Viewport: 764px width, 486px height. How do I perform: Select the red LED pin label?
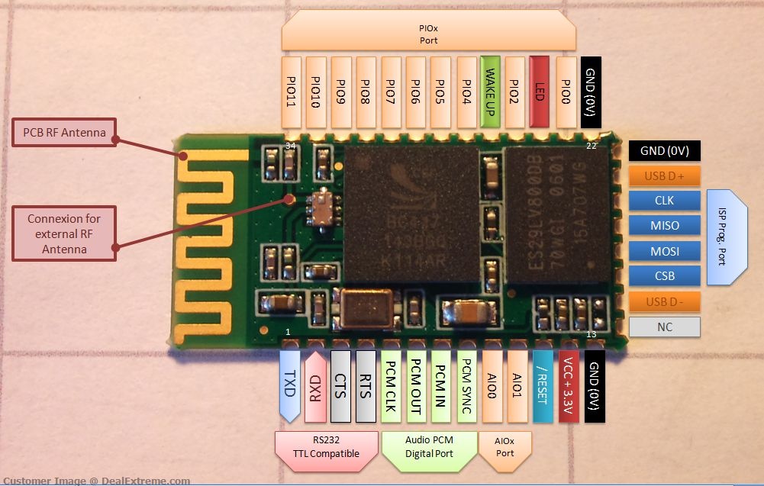[540, 92]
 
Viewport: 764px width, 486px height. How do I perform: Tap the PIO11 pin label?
[291, 92]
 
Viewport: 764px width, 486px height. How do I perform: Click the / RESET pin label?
[542, 386]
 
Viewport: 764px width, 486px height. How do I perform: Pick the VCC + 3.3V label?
[567, 386]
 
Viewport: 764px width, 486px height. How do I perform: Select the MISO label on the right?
[664, 226]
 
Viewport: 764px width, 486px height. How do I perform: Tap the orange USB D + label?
[664, 176]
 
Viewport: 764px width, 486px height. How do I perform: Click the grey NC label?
[664, 327]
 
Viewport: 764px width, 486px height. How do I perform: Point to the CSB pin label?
[664, 276]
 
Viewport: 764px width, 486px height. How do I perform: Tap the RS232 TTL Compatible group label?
[327, 446]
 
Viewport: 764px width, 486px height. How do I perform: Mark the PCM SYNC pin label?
[466, 386]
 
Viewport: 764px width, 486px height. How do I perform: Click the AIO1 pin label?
[517, 386]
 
